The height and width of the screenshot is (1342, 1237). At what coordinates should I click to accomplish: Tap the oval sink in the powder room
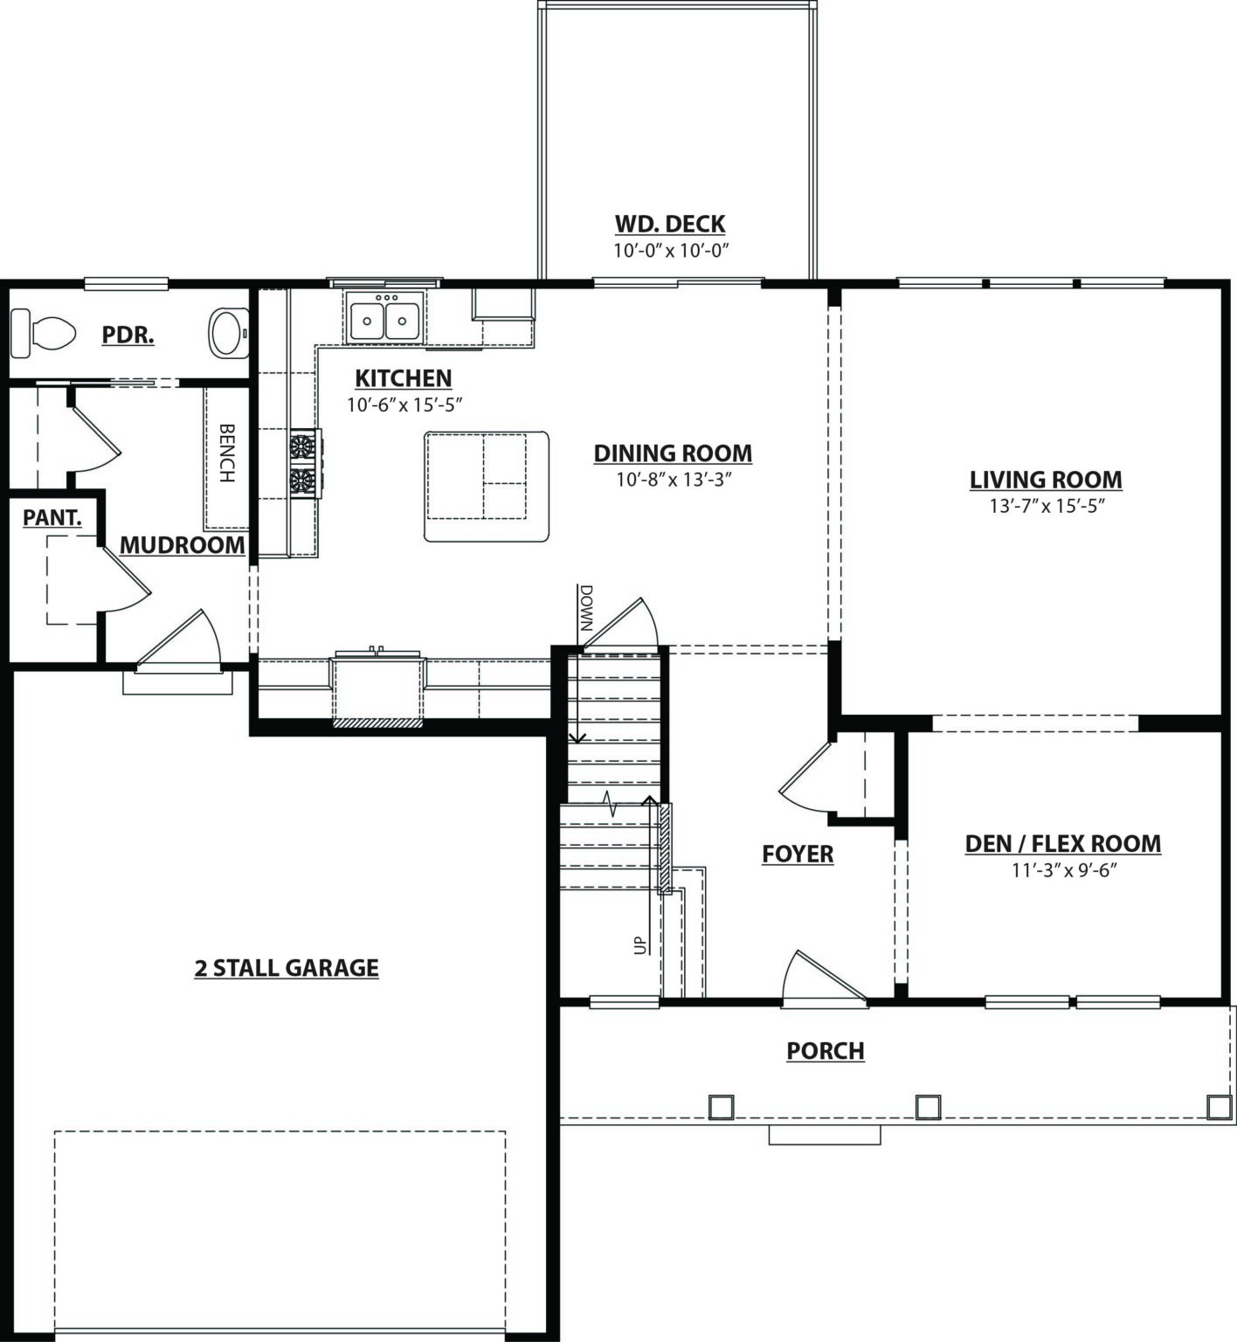230,333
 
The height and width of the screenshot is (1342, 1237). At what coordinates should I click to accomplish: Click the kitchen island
487,487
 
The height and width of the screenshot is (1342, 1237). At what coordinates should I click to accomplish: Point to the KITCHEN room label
404,378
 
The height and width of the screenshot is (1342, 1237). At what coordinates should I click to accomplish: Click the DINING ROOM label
673,453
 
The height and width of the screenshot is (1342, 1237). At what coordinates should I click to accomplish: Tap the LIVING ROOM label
1046,480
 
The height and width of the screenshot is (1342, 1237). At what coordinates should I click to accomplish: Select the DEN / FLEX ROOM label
1063,844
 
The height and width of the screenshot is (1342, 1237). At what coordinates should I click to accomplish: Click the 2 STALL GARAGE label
287,968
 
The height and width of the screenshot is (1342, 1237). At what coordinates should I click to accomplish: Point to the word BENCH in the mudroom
227,453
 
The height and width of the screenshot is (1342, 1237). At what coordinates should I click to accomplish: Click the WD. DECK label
670,225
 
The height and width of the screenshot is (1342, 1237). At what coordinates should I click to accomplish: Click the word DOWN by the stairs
585,609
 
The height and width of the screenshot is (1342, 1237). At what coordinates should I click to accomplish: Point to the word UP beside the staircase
640,944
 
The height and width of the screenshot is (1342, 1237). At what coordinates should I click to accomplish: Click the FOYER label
798,854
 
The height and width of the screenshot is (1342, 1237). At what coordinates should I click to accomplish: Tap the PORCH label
826,1051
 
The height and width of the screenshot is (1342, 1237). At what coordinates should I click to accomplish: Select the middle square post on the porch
928,1107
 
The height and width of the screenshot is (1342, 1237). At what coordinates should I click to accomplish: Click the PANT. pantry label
52,517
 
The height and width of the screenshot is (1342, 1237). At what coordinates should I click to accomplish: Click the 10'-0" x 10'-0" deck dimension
671,251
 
